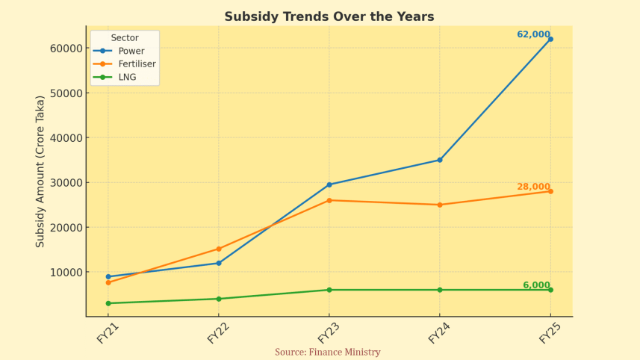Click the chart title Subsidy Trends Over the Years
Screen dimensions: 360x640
click(x=329, y=16)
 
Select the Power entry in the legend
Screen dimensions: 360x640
click(x=131, y=51)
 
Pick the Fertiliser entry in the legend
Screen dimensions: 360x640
click(x=137, y=63)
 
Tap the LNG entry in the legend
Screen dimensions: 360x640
click(x=127, y=76)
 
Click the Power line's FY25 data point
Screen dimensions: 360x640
click(x=550, y=39)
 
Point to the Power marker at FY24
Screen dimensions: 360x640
click(x=440, y=160)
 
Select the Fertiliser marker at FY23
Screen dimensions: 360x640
click(x=329, y=200)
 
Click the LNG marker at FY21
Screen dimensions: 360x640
click(x=108, y=303)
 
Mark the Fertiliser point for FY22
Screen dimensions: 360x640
click(x=219, y=249)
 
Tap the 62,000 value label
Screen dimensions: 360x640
click(x=533, y=34)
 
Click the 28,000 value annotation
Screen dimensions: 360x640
click(x=533, y=187)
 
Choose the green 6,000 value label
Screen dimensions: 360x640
click(x=536, y=285)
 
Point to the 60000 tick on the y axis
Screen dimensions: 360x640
click(x=66, y=49)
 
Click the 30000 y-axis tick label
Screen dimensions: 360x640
click(x=66, y=183)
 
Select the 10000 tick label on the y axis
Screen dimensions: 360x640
click(x=66, y=273)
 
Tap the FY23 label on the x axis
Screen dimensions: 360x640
click(x=329, y=333)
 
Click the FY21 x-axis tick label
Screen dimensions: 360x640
click(x=108, y=333)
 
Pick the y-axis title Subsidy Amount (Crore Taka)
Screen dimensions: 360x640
click(x=40, y=171)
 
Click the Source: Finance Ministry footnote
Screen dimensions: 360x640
click(x=327, y=353)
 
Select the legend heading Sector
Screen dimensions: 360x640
click(x=124, y=37)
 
